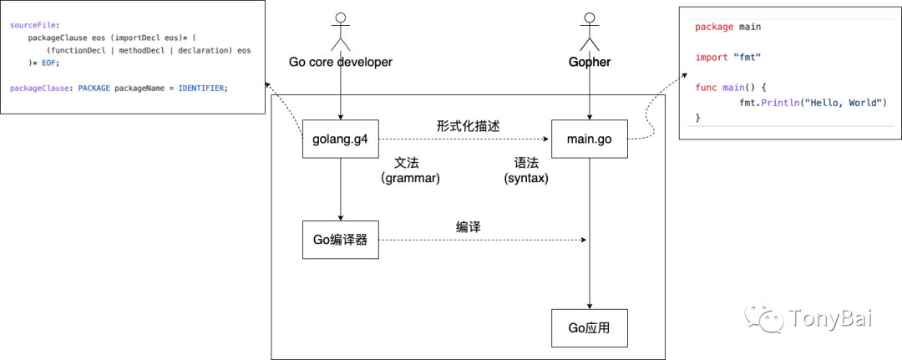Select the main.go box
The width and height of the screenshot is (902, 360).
590,139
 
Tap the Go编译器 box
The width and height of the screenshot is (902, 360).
340,240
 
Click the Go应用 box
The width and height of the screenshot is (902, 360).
590,327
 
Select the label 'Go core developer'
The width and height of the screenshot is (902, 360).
340,63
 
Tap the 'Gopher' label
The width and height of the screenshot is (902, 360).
590,63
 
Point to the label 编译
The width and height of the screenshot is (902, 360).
468,226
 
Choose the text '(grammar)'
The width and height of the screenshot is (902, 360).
410,178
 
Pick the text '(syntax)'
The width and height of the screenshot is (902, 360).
526,178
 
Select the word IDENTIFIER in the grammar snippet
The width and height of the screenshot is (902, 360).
201,88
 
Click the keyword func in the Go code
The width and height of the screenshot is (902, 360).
706,87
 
